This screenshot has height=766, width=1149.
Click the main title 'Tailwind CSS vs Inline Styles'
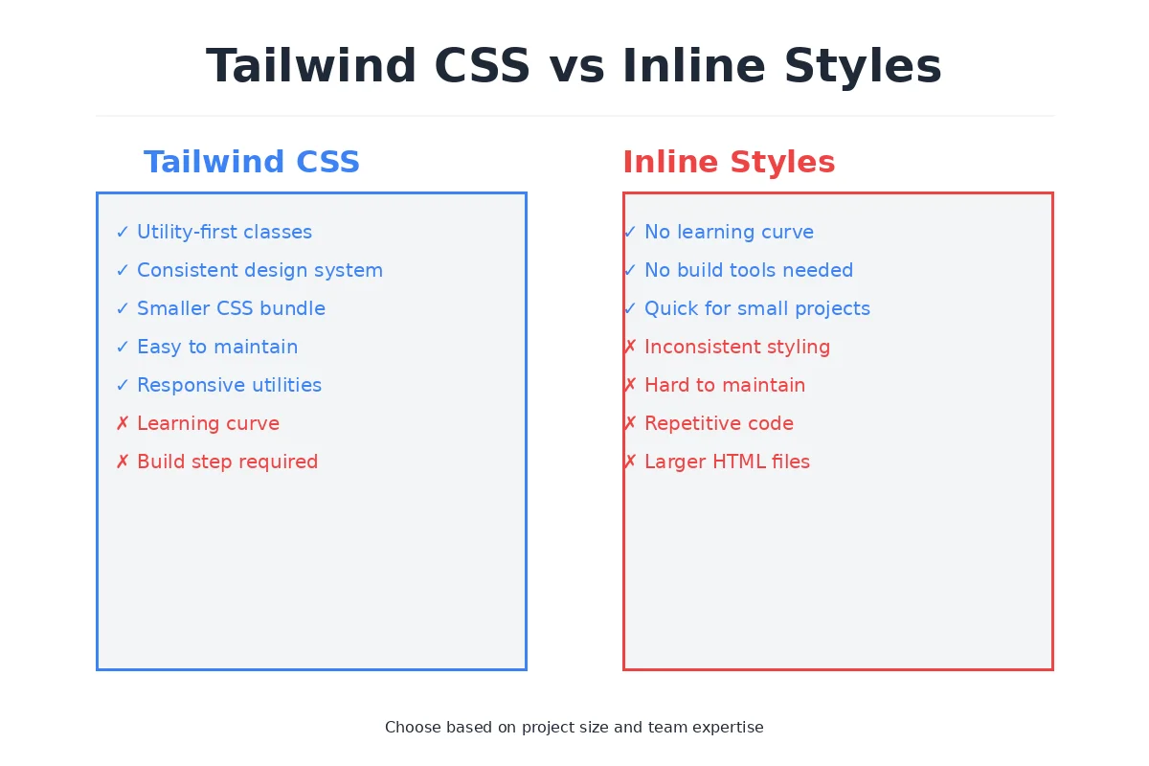(574, 67)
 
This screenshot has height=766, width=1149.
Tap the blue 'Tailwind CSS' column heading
(252, 162)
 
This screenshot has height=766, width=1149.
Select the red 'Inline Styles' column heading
(729, 162)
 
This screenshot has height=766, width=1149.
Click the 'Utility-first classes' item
(224, 232)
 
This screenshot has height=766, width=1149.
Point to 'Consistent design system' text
(259, 270)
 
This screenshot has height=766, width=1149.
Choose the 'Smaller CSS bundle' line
(231, 308)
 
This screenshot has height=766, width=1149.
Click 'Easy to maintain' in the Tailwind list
(217, 347)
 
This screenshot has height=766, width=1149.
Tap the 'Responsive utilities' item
(229, 385)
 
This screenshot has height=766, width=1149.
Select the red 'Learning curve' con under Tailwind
(208, 423)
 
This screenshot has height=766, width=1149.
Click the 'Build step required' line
(227, 462)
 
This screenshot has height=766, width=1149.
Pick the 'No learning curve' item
(729, 232)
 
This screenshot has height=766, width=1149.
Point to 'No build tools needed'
(748, 270)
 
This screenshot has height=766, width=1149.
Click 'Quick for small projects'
(756, 308)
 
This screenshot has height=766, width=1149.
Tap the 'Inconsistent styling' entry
(736, 347)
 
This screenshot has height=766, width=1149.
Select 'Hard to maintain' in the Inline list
(724, 385)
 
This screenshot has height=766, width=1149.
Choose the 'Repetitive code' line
(718, 423)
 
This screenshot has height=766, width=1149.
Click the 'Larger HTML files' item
(727, 462)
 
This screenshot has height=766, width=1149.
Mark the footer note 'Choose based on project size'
(574, 727)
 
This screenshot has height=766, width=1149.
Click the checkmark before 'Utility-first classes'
(123, 232)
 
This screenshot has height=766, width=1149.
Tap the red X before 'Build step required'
(123, 462)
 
